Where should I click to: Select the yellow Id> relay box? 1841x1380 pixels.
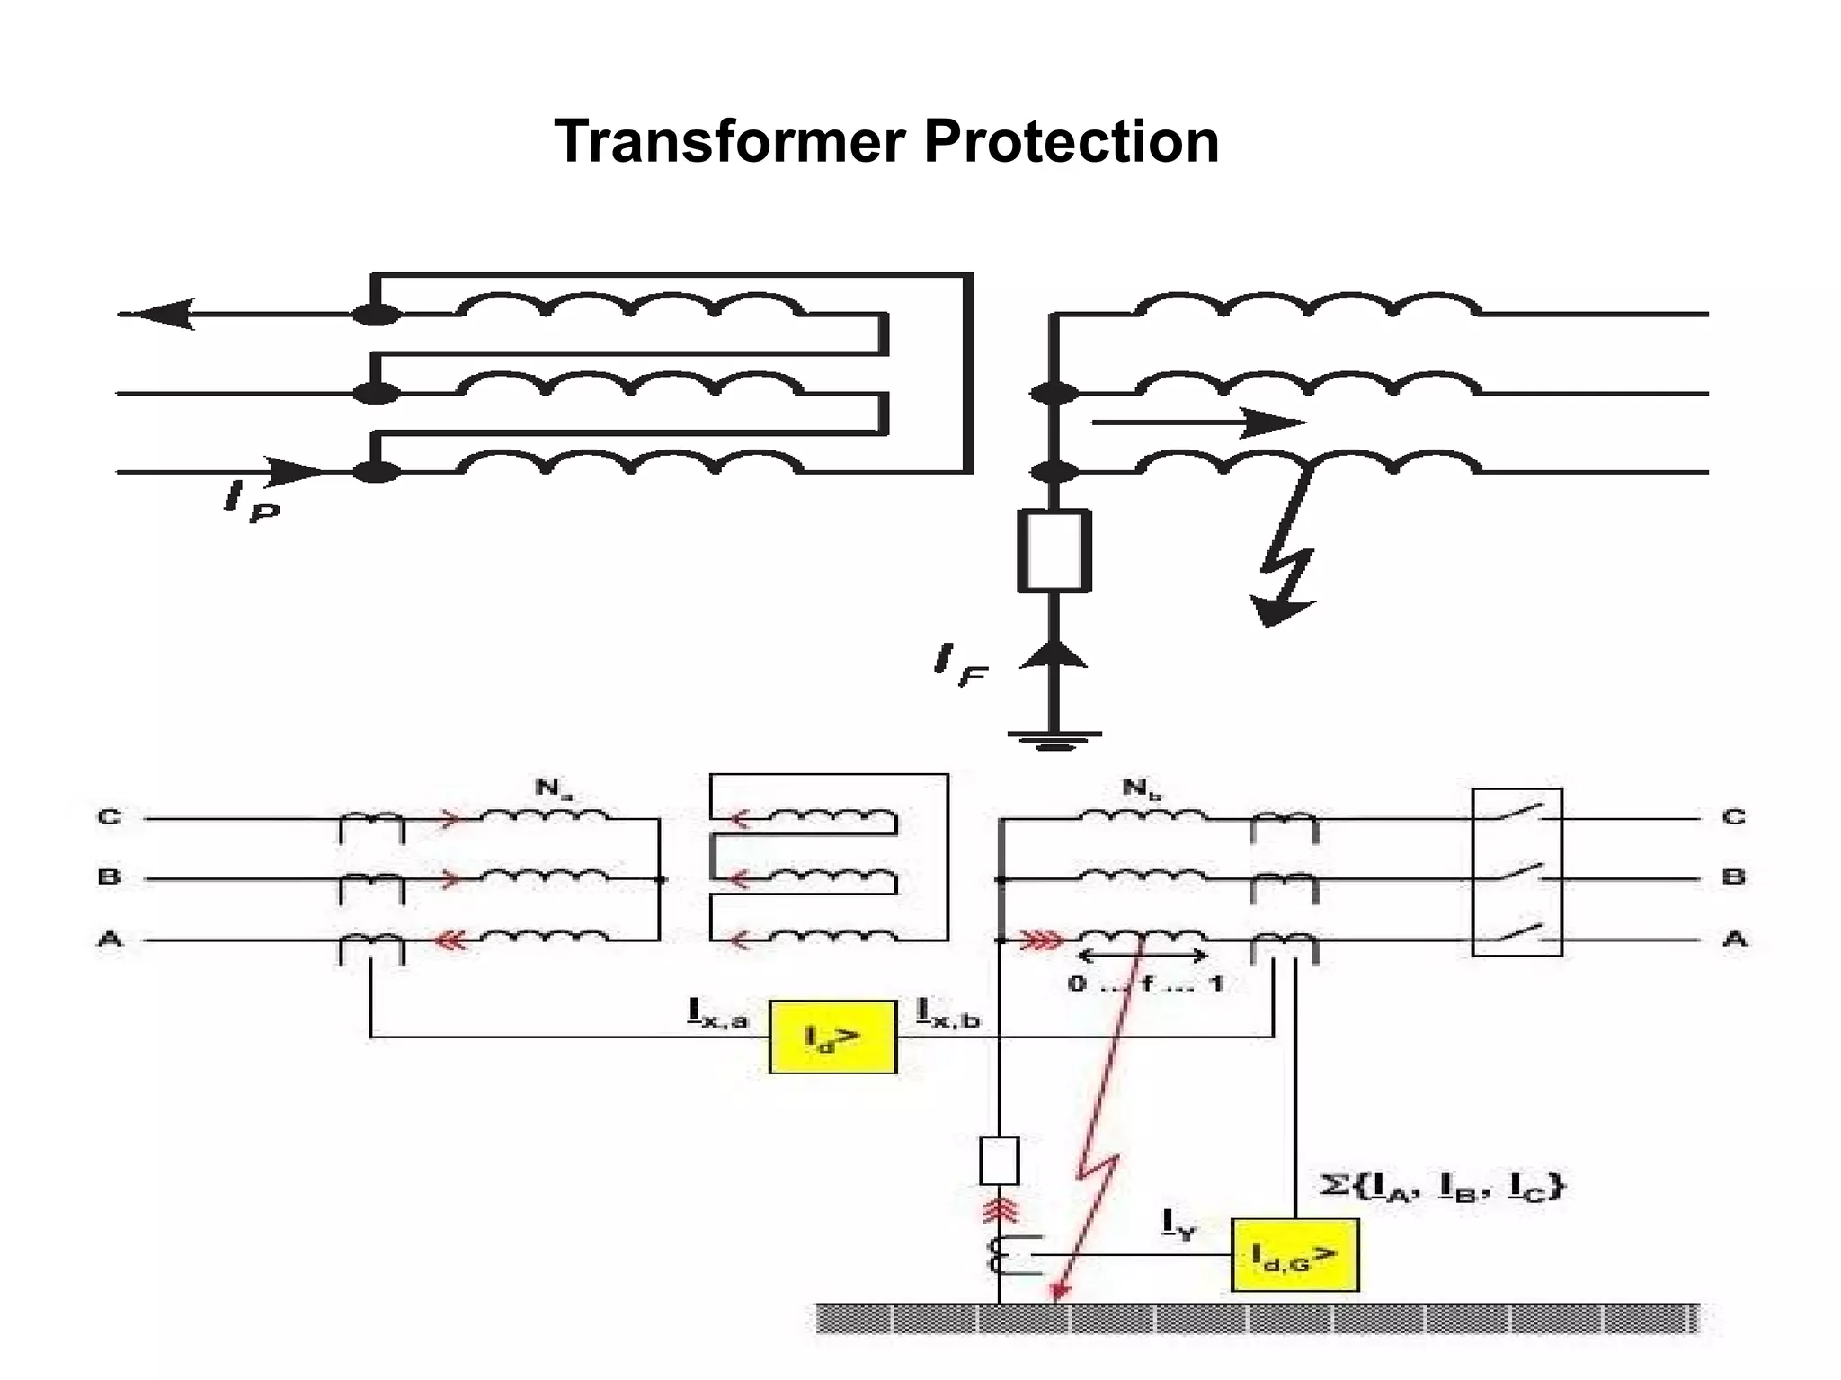[x=832, y=1037]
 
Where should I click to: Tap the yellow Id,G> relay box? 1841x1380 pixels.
[x=1294, y=1255]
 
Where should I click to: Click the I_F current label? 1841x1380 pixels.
[x=960, y=665]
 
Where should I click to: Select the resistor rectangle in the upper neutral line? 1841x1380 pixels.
[x=1054, y=550]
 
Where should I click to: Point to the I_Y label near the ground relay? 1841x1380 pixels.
[x=1179, y=1224]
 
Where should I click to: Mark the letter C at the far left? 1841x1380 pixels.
[x=109, y=817]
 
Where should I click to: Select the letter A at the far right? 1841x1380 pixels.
[x=1734, y=939]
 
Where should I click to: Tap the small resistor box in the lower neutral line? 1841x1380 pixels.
[x=999, y=1161]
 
